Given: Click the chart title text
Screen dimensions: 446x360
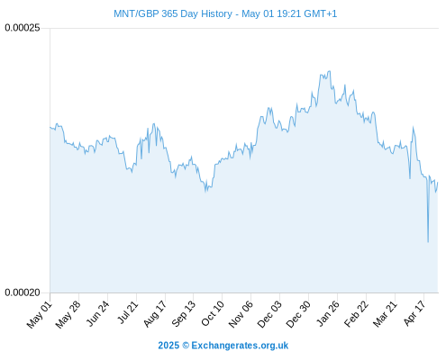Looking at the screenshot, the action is (x=225, y=13).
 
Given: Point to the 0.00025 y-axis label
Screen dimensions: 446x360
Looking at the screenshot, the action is (x=23, y=28).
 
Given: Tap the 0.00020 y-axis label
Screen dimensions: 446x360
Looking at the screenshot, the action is (x=23, y=292).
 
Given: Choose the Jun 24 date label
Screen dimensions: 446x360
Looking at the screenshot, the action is (x=97, y=314).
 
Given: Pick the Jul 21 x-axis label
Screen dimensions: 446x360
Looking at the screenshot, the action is (x=127, y=312).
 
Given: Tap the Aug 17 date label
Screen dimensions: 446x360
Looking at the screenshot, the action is (x=155, y=314).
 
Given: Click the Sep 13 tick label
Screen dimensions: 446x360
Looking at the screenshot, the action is (x=184, y=314).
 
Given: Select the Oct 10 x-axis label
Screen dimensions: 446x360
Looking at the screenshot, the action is (x=213, y=314).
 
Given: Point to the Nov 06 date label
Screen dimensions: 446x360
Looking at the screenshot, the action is (x=241, y=314).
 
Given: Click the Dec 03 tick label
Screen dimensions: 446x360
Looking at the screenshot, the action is (x=269, y=314).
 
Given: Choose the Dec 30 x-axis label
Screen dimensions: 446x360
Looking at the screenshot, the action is (x=298, y=314).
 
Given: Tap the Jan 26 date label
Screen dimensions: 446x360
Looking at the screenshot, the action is (x=328, y=313).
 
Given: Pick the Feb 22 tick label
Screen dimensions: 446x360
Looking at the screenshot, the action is (x=356, y=314).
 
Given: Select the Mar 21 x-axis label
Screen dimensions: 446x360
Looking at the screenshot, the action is (x=385, y=314).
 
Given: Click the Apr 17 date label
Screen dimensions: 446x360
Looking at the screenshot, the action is (x=414, y=313).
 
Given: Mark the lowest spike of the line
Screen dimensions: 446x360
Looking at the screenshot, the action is (x=428, y=241).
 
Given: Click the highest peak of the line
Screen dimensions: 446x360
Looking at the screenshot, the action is (x=330, y=71).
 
